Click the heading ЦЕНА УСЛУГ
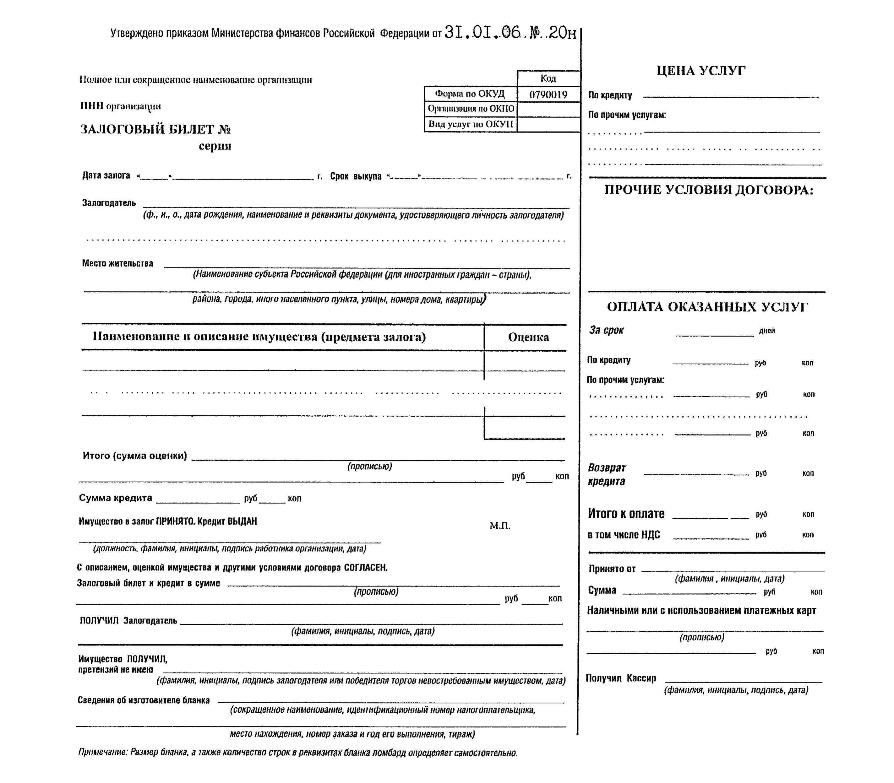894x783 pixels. pyautogui.click(x=701, y=71)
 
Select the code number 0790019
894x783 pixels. pyautogui.click(x=548, y=94)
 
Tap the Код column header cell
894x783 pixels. pyautogui.click(x=548, y=78)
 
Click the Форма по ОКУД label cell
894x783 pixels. pyautogui.click(x=470, y=94)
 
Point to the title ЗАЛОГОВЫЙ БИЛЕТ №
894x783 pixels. pyautogui.click(x=155, y=129)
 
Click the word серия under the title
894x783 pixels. pyautogui.click(x=215, y=146)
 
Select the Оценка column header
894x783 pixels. pyautogui.click(x=528, y=337)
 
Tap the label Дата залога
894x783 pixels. pyautogui.click(x=106, y=175)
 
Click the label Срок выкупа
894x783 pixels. pyautogui.click(x=355, y=176)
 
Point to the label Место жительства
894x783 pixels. pyautogui.click(x=117, y=263)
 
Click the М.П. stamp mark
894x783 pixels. pyautogui.click(x=500, y=526)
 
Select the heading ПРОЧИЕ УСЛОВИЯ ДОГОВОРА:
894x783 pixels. pyautogui.click(x=709, y=190)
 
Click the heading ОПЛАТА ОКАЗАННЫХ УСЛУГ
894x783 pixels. pyautogui.click(x=707, y=307)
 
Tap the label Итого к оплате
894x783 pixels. pyautogui.click(x=626, y=514)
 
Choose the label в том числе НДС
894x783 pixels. pyautogui.click(x=624, y=535)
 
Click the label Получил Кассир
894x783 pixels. pyautogui.click(x=621, y=678)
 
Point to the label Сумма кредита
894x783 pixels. pyautogui.click(x=115, y=498)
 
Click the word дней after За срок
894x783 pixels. pyautogui.click(x=767, y=331)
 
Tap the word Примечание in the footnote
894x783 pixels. pyautogui.click(x=102, y=753)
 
